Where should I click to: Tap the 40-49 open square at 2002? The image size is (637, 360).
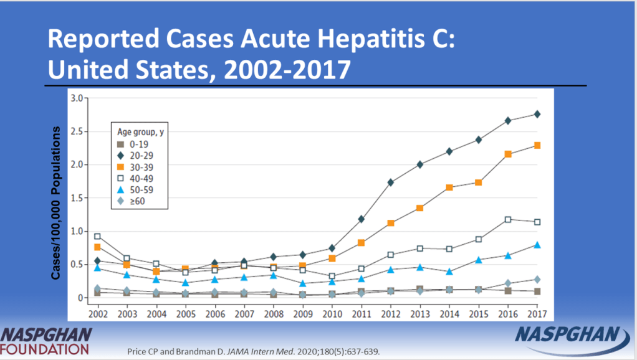click(97, 236)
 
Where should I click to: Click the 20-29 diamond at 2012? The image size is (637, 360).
click(390, 182)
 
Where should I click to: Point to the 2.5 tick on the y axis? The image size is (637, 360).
click(77, 131)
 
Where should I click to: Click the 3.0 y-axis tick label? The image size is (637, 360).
click(77, 98)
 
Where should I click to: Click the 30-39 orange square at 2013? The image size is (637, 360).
click(419, 208)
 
